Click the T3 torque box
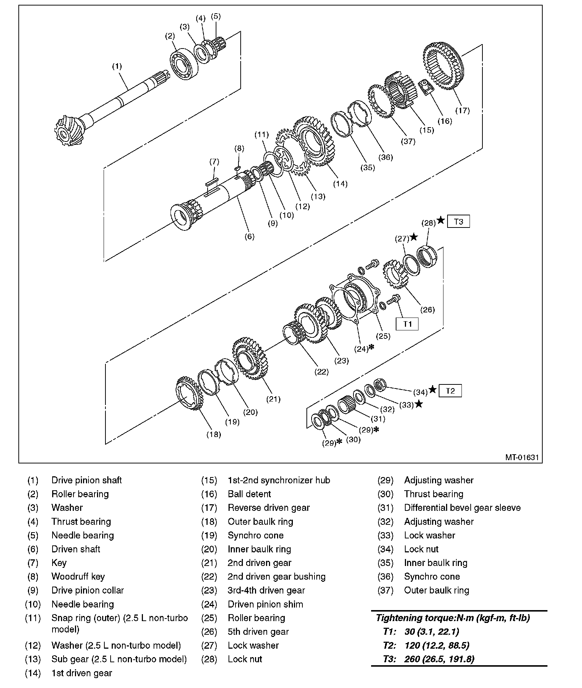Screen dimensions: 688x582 [458, 222]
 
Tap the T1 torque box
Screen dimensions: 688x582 [407, 324]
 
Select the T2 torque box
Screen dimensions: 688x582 [450, 391]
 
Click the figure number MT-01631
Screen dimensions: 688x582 [522, 457]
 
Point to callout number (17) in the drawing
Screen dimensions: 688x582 [462, 110]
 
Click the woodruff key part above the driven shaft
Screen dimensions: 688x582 [237, 168]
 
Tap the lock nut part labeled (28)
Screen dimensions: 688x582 [427, 255]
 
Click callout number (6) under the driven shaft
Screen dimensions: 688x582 [249, 236]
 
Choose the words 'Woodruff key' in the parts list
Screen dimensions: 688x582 [78, 576]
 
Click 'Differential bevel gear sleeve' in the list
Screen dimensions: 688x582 [462, 508]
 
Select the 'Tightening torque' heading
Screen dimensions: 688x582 [452, 618]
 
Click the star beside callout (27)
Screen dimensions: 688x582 [414, 237]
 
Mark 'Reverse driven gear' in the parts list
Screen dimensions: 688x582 [269, 508]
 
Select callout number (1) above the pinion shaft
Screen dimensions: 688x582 [116, 67]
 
